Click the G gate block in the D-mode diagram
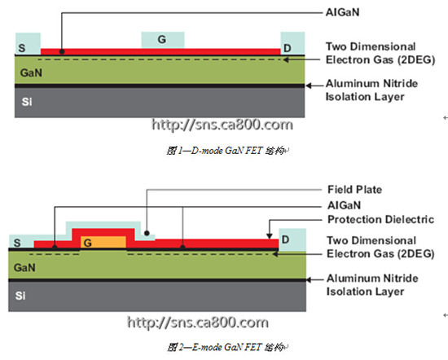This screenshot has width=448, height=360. [163, 40]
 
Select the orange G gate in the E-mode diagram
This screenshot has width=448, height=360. [103, 242]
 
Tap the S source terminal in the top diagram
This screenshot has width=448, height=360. [28, 44]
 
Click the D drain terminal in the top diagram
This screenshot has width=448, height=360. [292, 43]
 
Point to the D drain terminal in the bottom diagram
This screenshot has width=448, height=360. [292, 239]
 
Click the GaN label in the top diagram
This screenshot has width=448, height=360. [31, 72]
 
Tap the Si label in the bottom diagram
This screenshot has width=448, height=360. [20, 296]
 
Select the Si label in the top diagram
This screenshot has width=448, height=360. [27, 102]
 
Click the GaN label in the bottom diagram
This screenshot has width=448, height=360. [24, 268]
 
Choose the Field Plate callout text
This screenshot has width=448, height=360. [354, 190]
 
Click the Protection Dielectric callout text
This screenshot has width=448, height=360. [381, 219]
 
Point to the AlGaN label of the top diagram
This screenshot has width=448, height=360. [343, 12]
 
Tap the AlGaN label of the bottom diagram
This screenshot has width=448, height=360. [344, 205]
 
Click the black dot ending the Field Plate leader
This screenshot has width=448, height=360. [147, 233]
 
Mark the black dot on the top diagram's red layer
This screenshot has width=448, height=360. [62, 51]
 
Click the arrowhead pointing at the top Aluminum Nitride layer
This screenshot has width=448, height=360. [309, 86]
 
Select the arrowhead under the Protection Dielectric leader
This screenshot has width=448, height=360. [269, 235]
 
